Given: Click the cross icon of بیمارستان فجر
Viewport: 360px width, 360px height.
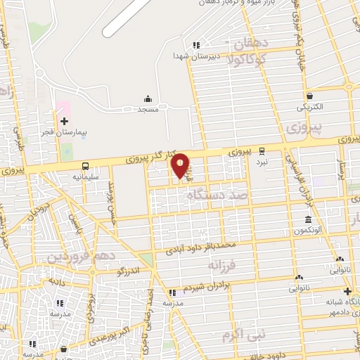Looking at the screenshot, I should (x=64, y=122).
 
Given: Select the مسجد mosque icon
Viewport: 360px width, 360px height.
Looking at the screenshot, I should (x=148, y=98).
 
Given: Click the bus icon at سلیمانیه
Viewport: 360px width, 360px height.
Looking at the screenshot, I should (x=85, y=167).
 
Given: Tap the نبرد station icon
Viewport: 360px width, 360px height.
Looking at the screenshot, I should (x=262, y=150).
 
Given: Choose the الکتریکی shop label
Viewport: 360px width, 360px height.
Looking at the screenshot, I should (x=309, y=107).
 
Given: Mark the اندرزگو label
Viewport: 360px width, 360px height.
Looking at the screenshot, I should (x=131, y=271).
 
